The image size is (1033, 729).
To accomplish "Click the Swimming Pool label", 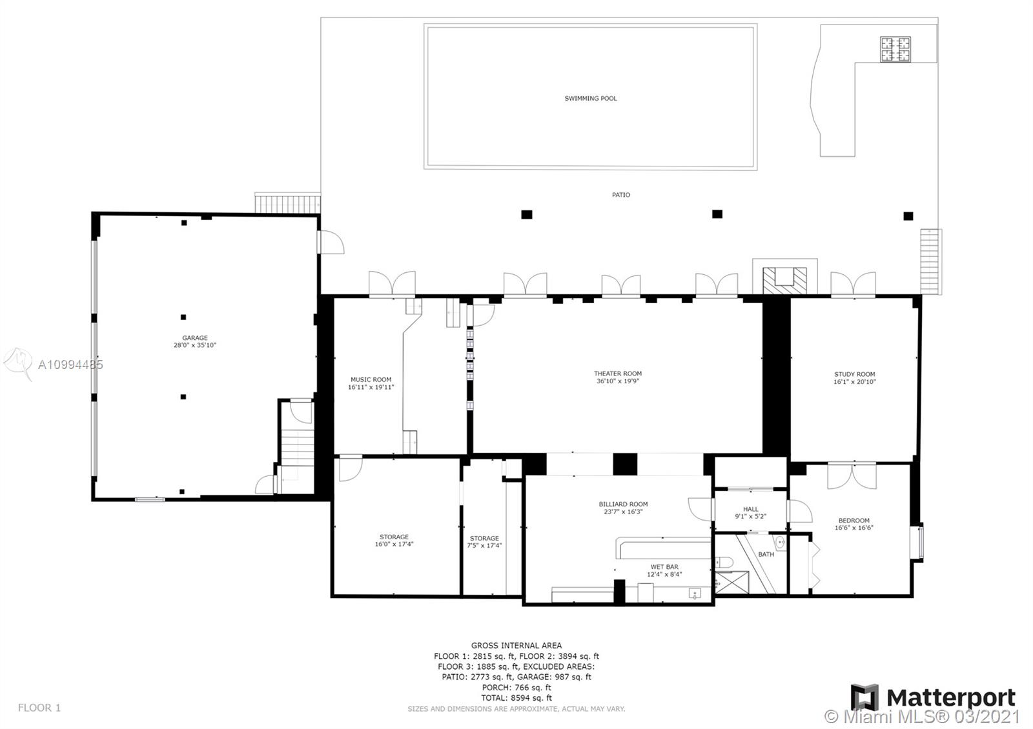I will click(590, 99).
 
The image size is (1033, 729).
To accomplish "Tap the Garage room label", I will click(194, 338).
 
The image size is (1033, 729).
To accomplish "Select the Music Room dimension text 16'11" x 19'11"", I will click(371, 388).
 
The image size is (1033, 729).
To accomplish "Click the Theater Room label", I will click(618, 374).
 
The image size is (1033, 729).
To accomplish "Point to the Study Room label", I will click(854, 374).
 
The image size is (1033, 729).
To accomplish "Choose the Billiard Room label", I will click(623, 504).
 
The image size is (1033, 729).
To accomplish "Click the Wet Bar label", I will click(664, 567).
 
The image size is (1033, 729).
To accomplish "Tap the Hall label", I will click(750, 509).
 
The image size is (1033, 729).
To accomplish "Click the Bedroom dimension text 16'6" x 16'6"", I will click(854, 528).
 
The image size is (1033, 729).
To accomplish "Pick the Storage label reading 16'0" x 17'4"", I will click(394, 544).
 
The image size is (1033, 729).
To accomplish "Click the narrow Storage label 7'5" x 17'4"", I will click(484, 546).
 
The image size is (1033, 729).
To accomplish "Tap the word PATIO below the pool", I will click(621, 195).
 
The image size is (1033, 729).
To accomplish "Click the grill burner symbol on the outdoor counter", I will click(895, 50).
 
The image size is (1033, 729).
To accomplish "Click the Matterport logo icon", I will click(865, 698).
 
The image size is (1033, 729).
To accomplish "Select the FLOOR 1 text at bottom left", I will click(39, 708).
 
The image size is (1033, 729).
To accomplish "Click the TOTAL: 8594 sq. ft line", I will click(516, 698).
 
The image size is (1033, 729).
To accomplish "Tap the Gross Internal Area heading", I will click(516, 645).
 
